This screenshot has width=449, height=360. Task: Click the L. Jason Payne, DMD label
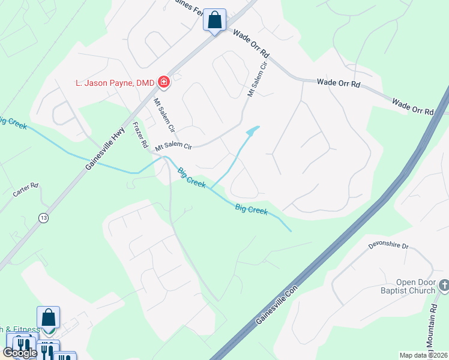click(x=112, y=82)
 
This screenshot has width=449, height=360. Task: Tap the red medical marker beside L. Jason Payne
click(x=163, y=82)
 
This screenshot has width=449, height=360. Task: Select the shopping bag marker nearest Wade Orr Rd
click(x=214, y=20)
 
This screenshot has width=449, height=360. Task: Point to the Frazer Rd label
click(x=140, y=136)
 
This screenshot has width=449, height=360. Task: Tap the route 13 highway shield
click(x=43, y=218)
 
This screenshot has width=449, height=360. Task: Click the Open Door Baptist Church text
click(x=415, y=287)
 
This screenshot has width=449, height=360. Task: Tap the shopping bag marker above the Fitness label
click(x=48, y=318)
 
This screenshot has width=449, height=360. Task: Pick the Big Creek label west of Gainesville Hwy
click(x=12, y=124)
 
